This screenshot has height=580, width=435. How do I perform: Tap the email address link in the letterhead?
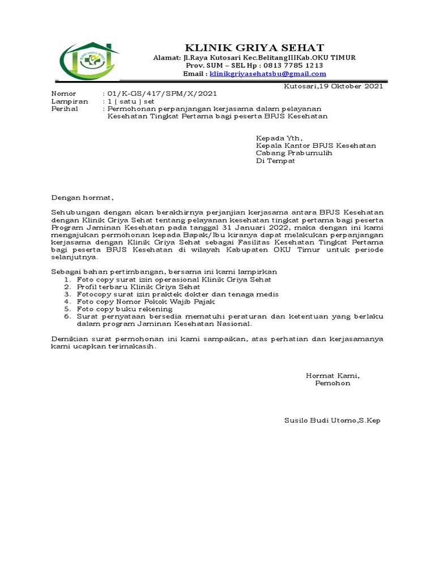pos(268,74)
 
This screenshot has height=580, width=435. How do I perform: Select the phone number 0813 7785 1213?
pos(295,66)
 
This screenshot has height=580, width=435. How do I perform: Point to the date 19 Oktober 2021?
pos(351,86)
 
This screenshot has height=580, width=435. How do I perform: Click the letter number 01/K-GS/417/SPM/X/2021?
pos(161,93)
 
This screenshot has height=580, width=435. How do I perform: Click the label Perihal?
pos(65,109)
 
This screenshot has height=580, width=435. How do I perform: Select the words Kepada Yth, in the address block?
pos(279,138)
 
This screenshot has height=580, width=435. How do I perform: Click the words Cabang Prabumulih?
pos(294,153)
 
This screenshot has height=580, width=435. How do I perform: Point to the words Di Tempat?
pos(275,161)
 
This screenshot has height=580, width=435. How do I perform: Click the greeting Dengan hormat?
pos(83,198)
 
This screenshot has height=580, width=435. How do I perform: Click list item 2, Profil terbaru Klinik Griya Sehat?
pos(139,287)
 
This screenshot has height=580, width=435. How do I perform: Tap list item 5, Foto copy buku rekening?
pos(125,309)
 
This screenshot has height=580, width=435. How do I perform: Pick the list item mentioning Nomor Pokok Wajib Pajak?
pos(146,302)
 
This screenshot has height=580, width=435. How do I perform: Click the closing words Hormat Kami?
pos(332,376)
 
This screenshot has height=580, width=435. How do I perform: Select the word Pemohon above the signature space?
pos(332,383)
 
